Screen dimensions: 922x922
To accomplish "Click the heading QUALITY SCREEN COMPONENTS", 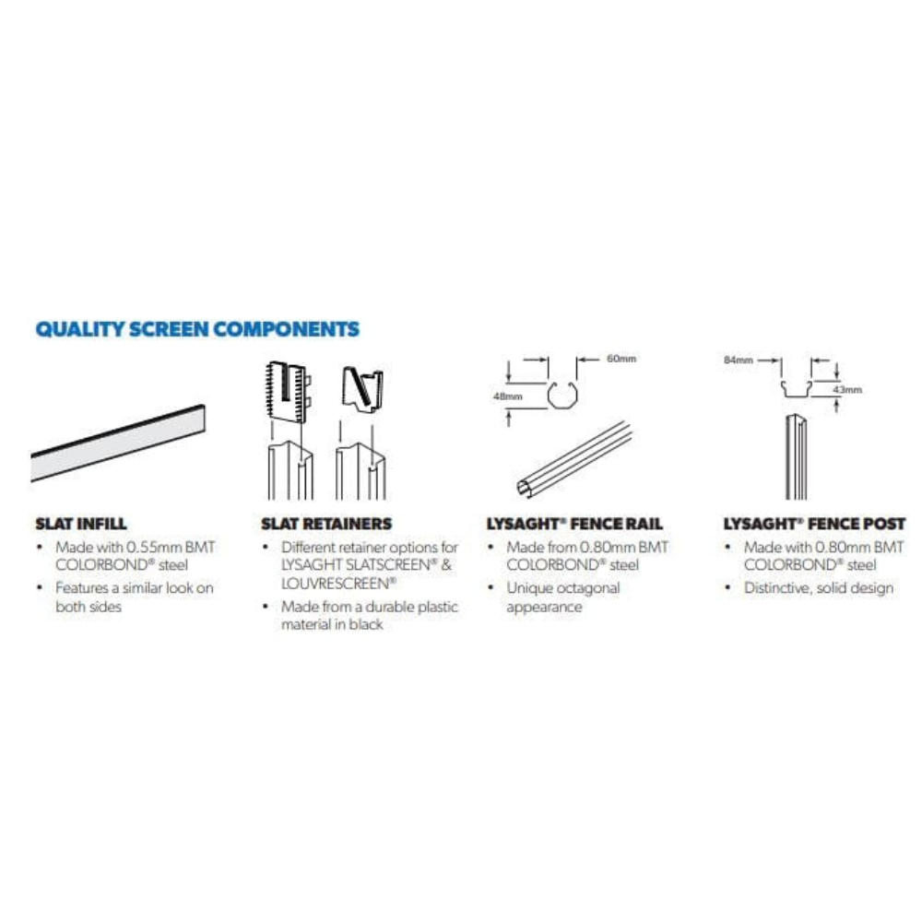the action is click(197, 329).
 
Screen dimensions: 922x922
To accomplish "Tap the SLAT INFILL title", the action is click(81, 524).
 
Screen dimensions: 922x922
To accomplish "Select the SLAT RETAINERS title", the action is click(326, 524).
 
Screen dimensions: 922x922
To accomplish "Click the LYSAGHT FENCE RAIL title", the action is click(574, 524).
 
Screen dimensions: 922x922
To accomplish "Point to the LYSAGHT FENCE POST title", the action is click(814, 524).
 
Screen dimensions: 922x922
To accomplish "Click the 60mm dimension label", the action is click(621, 359).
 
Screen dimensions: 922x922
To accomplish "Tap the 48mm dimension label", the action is click(507, 396).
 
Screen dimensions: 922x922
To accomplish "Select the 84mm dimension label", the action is click(739, 360).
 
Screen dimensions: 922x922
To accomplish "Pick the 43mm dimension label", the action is click(847, 389).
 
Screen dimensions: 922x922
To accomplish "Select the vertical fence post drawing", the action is click(797, 457).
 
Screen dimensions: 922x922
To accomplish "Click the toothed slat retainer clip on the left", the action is click(288, 392).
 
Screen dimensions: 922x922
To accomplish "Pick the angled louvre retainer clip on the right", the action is click(362, 389).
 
